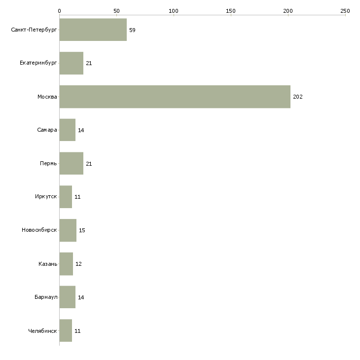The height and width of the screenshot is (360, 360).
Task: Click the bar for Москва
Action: (175, 97)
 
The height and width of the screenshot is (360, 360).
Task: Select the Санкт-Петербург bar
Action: (93, 30)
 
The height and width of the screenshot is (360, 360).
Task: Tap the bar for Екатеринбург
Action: (72, 63)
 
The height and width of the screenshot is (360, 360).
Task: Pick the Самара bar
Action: (68, 130)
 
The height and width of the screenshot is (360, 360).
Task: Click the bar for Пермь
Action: (72, 163)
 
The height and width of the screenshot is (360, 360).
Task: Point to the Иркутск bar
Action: (66, 197)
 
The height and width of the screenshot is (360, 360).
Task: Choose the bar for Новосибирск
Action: (68, 230)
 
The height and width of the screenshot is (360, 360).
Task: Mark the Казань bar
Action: (67, 264)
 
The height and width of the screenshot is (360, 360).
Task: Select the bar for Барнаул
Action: (68, 297)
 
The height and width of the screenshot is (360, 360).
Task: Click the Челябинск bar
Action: (66, 330)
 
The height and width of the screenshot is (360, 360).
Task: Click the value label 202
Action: (298, 97)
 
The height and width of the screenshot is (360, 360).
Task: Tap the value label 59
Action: (132, 30)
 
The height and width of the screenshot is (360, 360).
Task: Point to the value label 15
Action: (82, 230)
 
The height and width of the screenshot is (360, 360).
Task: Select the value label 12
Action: (78, 264)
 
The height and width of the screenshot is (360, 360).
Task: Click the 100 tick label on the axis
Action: (174, 11)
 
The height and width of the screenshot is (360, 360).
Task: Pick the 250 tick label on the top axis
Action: (345, 11)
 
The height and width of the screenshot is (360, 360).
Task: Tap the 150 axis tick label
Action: (231, 11)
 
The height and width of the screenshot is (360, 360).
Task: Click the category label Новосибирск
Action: (39, 230)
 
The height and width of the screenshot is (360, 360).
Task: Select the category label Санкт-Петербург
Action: (34, 30)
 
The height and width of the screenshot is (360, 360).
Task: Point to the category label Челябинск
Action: (42, 331)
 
